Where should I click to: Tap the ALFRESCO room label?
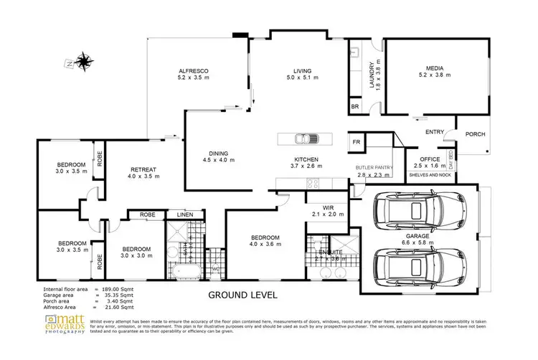[193, 70]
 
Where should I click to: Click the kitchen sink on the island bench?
[304, 139]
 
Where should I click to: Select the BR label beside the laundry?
[354, 107]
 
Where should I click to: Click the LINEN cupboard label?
[185, 214]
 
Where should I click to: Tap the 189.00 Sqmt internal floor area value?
[118, 290]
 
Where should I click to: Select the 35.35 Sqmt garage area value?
[118, 295]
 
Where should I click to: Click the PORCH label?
[476, 134]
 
